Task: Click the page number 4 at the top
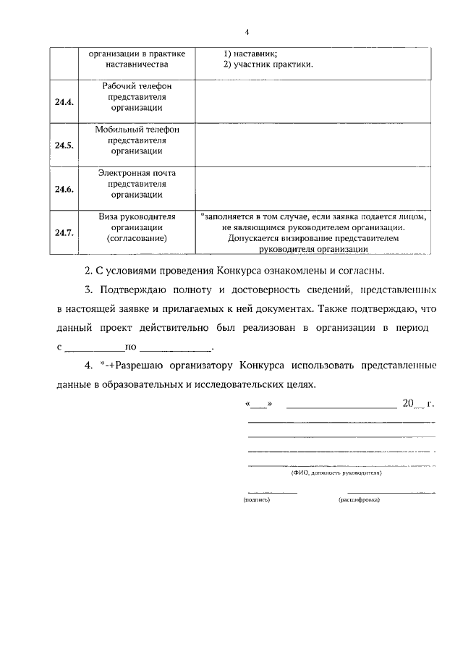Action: tap(247, 31)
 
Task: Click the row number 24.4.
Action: tap(64, 101)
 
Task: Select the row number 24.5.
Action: tap(64, 145)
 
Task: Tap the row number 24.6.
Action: tap(64, 189)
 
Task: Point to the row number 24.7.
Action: tap(64, 232)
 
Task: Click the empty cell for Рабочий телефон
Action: tap(313, 101)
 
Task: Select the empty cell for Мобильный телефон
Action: tap(313, 145)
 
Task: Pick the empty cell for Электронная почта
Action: tap(313, 189)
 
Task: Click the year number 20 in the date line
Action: tap(407, 402)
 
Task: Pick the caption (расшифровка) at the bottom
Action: tap(359, 499)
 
